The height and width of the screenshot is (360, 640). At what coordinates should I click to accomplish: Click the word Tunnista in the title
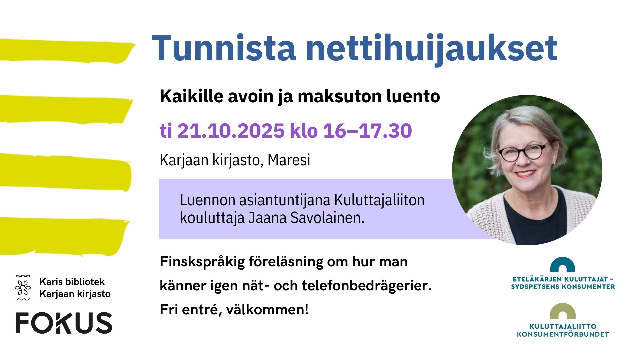tap(224, 48)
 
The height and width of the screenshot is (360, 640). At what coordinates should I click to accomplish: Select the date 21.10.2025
tap(231, 130)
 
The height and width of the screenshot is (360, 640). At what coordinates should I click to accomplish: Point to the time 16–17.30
tap(367, 130)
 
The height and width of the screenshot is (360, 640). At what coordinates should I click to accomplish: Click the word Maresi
tap(289, 160)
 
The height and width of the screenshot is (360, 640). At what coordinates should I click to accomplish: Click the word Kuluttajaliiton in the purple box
tap(379, 200)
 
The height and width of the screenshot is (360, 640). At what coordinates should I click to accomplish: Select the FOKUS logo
tap(64, 323)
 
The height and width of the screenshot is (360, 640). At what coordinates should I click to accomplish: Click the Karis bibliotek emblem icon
tap(23, 288)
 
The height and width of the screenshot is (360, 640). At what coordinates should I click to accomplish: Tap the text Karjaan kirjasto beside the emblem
tap(75, 294)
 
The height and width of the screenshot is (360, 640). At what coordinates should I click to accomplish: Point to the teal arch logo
tap(562, 265)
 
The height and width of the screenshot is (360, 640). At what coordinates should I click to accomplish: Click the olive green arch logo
tap(563, 311)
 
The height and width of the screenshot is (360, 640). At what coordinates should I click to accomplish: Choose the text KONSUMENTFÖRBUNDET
tap(563, 334)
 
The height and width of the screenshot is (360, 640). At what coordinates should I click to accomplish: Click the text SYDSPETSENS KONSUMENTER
tap(563, 287)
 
